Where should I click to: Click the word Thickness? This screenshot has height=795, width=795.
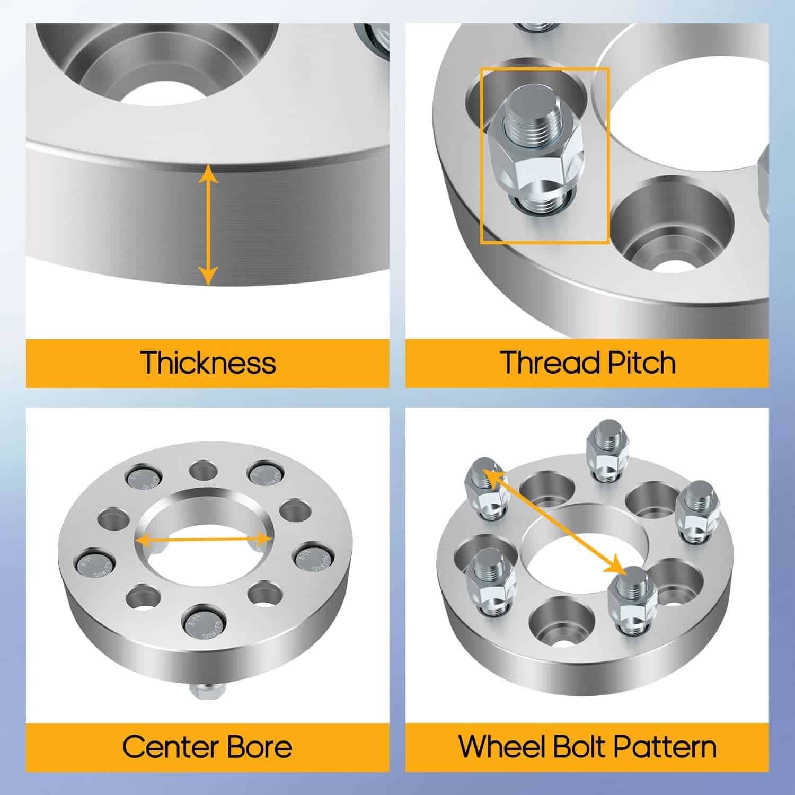tap(208, 363)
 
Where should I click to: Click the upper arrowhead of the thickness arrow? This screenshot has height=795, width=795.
tap(208, 173)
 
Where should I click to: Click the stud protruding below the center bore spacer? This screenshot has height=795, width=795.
tap(207, 691)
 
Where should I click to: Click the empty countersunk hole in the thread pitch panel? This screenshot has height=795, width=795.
tap(672, 223)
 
